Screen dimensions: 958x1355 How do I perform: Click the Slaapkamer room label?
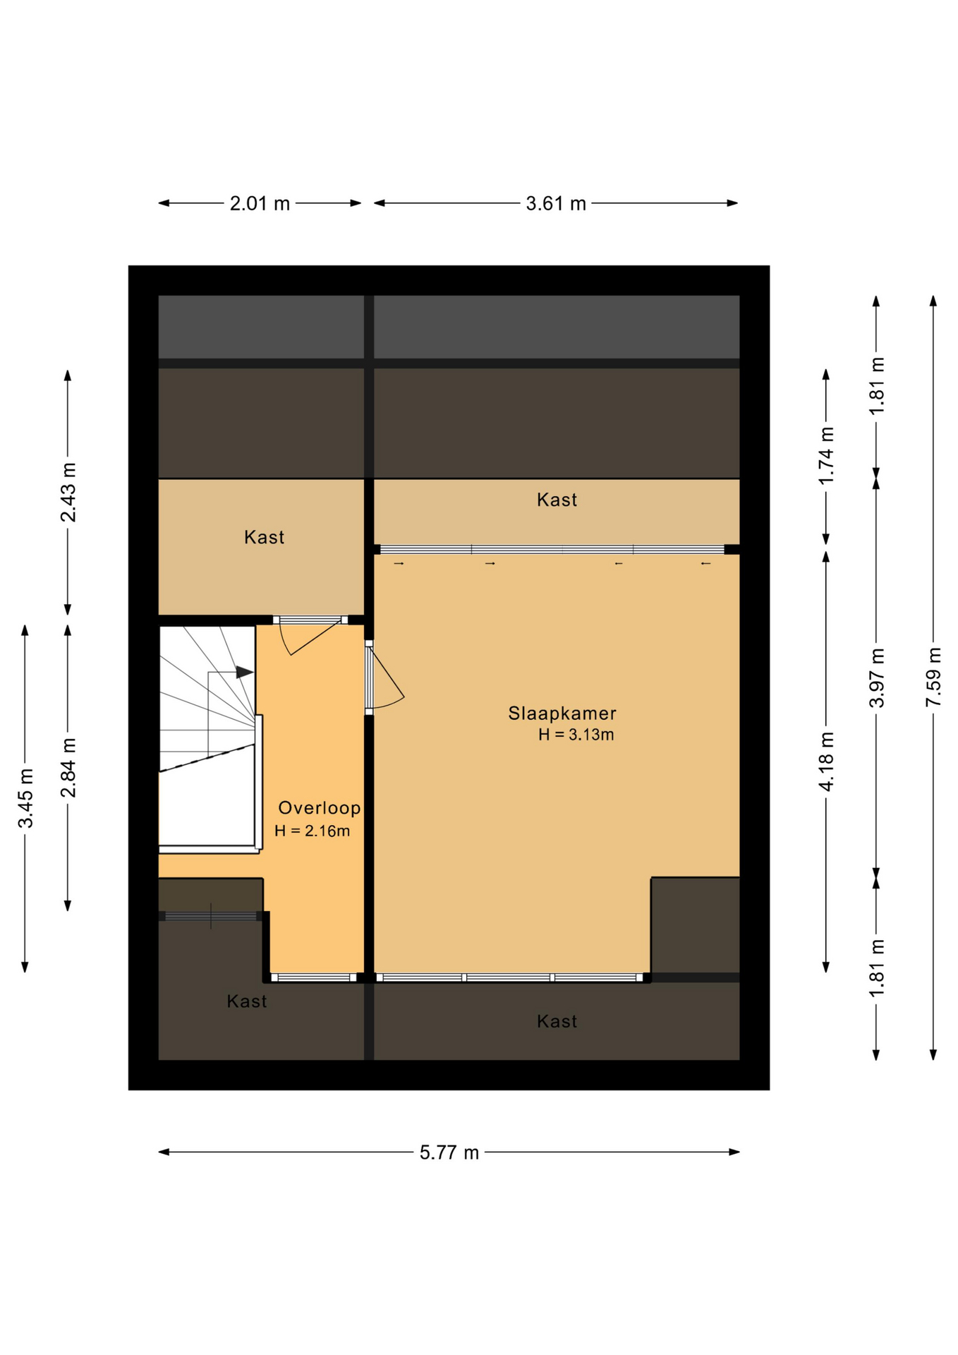coord(562,713)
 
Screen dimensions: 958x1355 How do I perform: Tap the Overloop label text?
coord(320,807)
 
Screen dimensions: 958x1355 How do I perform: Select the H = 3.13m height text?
coord(576,735)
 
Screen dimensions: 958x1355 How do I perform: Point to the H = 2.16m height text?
coord(312,831)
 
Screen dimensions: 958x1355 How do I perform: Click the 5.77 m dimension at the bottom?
coord(449,1152)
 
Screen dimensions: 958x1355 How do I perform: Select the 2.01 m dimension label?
coord(260,203)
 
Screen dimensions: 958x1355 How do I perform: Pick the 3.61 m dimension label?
coord(556,203)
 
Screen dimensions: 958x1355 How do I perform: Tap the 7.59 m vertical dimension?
coord(933,676)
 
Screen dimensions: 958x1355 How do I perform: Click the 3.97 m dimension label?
coord(876,677)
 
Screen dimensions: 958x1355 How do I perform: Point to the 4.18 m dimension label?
coord(826,761)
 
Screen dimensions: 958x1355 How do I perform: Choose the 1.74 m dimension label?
coord(826,456)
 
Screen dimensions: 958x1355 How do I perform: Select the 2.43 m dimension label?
coord(68,493)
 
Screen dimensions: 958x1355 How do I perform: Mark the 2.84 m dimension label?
coord(68,768)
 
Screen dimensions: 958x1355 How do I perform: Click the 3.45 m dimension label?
coord(25,798)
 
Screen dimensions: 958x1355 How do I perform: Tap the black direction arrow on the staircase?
coord(244,672)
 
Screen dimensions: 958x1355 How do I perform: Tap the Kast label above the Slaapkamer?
coord(557,500)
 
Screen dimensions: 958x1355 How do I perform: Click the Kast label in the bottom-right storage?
coord(557,1021)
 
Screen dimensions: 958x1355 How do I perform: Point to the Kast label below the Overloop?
coord(247,1001)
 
